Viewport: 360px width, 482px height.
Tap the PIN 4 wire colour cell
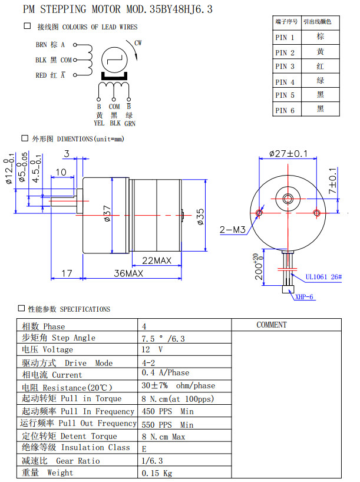pos(320,81)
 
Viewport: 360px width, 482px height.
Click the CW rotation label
pos(138,43)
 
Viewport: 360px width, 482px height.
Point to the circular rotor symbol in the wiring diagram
pos(115,61)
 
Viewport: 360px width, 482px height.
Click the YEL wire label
pos(99,123)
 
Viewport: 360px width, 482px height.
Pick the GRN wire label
pos(130,123)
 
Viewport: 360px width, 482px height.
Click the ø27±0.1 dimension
pos(289,154)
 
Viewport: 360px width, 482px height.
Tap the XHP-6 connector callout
pos(305,297)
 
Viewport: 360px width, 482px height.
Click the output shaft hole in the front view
pos(289,199)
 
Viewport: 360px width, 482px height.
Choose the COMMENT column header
pos(272,325)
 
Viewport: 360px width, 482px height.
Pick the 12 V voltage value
pos(152,349)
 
